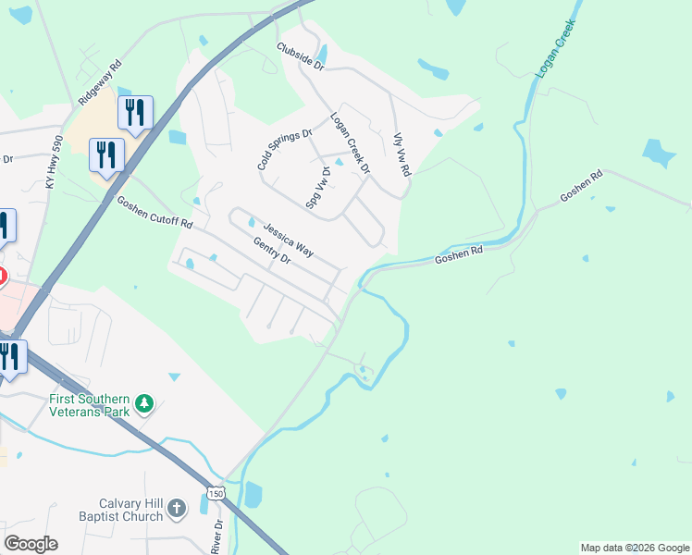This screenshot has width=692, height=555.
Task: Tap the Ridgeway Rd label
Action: (102, 83)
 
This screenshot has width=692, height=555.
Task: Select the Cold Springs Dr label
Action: (285, 150)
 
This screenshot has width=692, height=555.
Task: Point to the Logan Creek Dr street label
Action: (351, 143)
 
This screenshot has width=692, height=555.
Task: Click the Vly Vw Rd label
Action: (402, 154)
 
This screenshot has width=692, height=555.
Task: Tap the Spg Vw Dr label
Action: (317, 188)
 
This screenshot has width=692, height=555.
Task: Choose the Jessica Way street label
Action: (288, 239)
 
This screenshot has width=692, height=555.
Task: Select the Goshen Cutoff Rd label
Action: (154, 212)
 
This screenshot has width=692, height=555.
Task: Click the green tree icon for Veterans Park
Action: (143, 403)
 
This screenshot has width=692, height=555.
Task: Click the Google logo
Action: (31, 544)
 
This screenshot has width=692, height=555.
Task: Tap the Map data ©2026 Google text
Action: (635, 548)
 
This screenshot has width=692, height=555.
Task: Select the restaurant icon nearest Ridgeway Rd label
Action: (136, 113)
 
